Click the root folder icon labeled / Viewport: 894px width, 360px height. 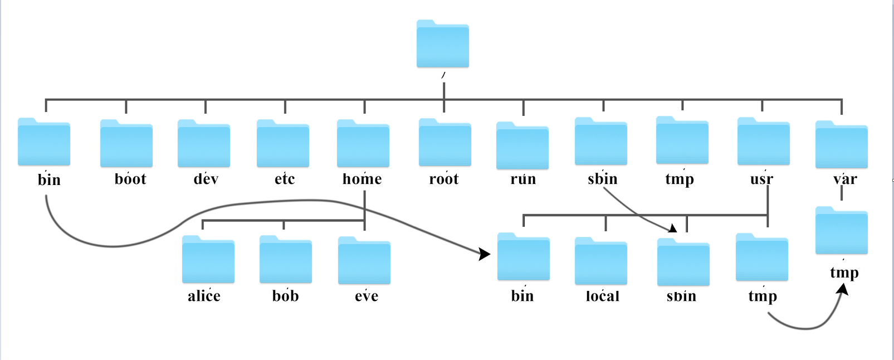coord(442,45)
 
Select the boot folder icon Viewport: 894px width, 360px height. coord(126,144)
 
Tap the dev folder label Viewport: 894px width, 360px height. coord(206,179)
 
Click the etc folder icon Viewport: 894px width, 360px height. coord(283,144)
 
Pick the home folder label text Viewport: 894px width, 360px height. coord(362,179)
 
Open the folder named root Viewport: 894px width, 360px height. coord(444,143)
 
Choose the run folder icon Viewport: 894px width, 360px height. coord(522,147)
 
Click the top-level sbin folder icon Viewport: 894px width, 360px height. coord(601,142)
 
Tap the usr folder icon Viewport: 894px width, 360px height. coord(763,142)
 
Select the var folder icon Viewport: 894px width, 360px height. coord(841,145)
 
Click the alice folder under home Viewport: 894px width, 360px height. coord(208,260)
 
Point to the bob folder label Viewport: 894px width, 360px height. coord(285,296)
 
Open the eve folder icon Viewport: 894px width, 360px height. coord(364,261)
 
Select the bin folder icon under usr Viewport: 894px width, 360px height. coord(523,257)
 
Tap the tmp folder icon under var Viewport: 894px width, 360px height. coord(841,231)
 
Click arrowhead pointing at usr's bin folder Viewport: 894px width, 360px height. coord(485,254)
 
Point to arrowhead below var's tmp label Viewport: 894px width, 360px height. coord(843,289)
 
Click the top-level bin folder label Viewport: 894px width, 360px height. coord(49,179)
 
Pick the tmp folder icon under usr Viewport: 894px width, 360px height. coord(761,258)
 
